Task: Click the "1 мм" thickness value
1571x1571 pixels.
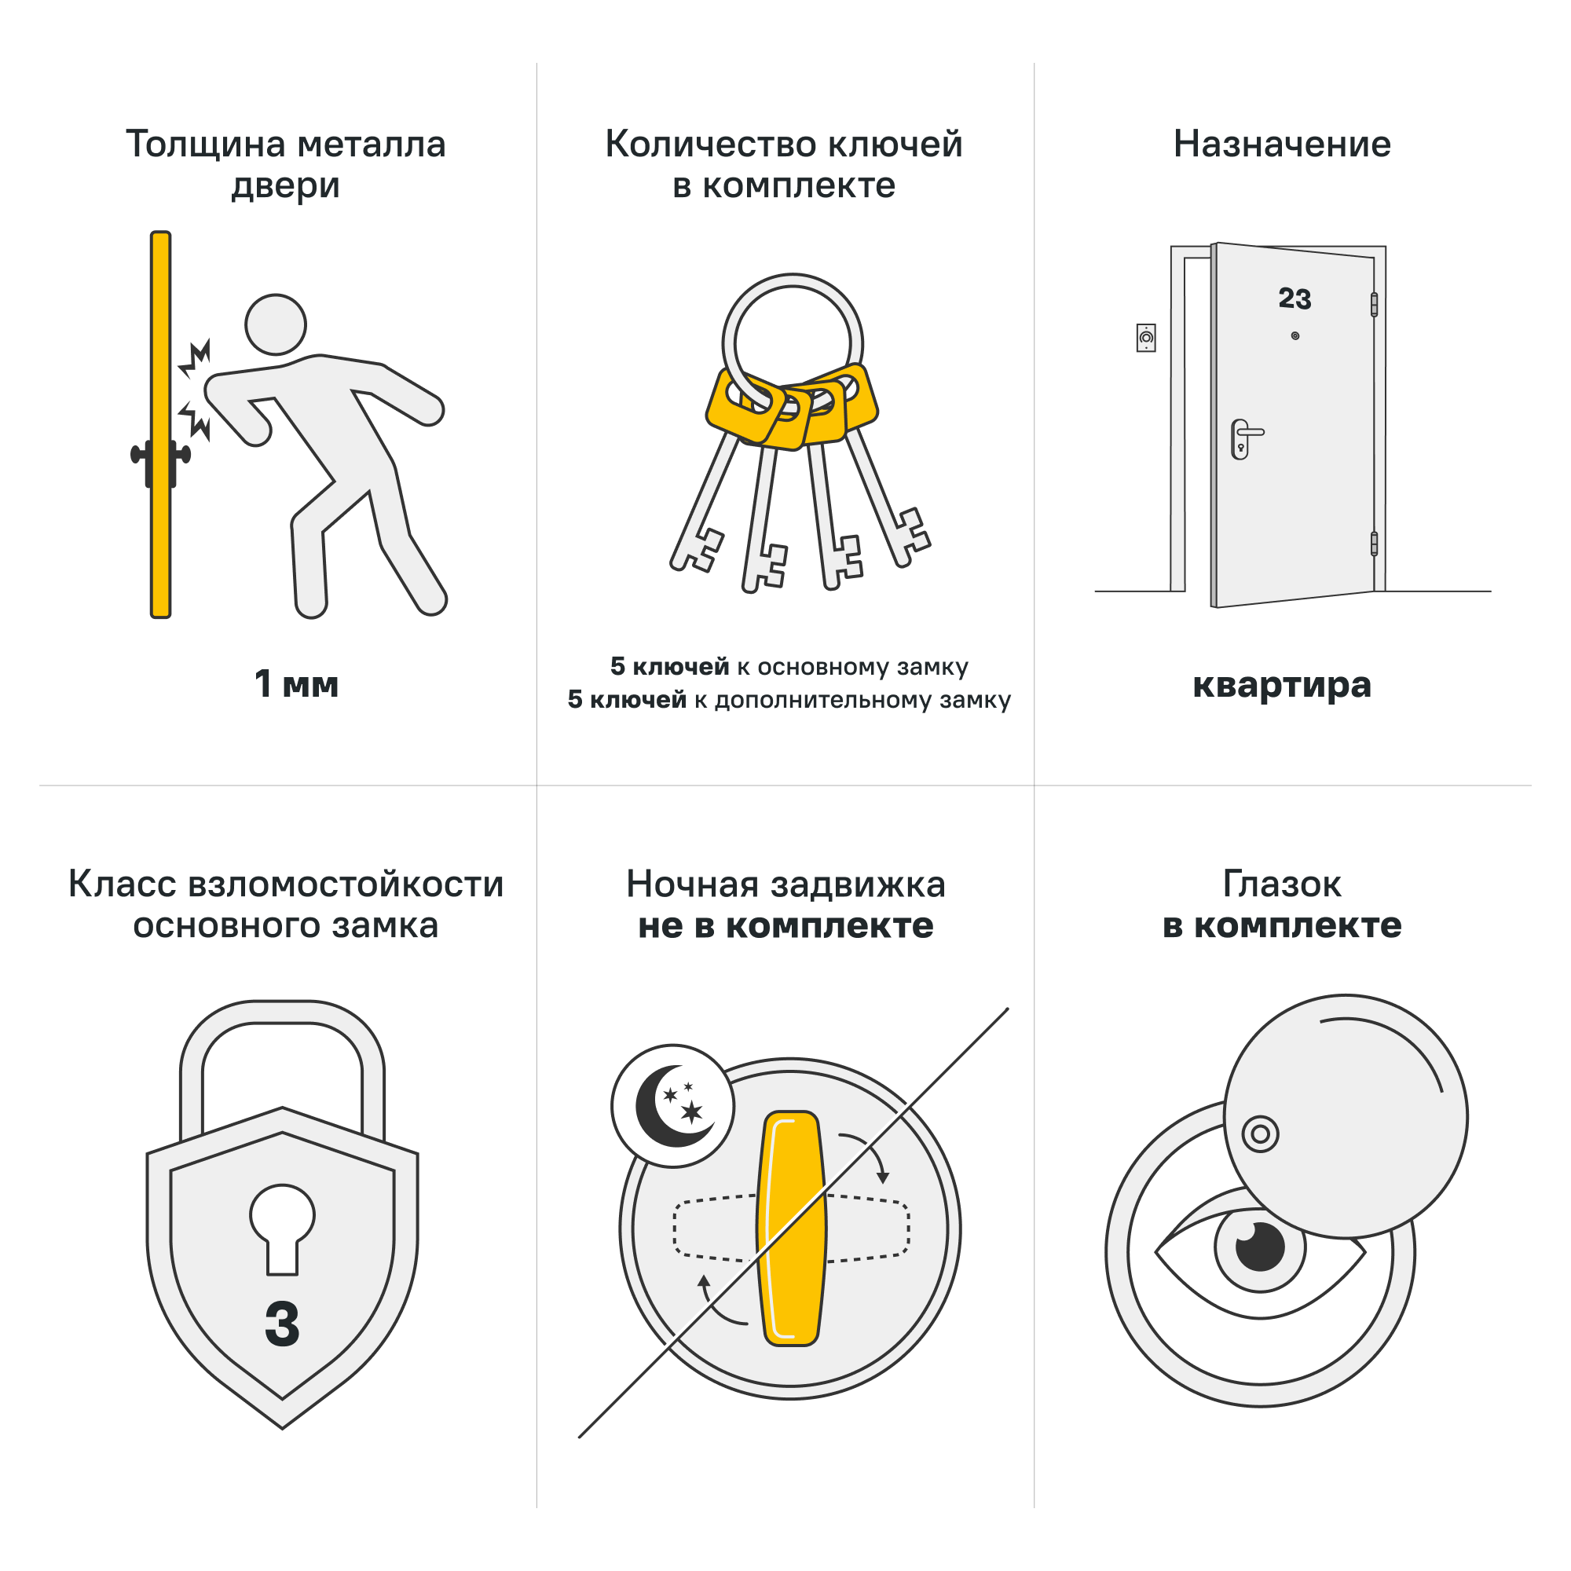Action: (296, 684)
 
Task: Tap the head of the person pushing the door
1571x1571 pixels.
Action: (276, 324)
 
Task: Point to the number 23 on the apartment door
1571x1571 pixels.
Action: (1295, 298)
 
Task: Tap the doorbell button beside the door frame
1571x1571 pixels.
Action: (1146, 338)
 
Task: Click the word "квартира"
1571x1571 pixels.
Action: (1281, 685)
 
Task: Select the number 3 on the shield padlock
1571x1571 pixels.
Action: (282, 1324)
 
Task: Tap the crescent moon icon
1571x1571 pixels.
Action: (672, 1106)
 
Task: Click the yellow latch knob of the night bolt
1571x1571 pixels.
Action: (791, 1228)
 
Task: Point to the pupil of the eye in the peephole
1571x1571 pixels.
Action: (1260, 1247)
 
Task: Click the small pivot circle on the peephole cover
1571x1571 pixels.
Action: (1261, 1134)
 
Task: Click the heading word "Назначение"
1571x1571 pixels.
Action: (1281, 144)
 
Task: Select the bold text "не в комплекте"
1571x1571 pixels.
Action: (785, 925)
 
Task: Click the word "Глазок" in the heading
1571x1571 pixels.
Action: (1281, 884)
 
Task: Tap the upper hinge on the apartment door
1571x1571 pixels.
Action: (1374, 304)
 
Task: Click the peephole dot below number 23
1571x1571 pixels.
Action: (1295, 336)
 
